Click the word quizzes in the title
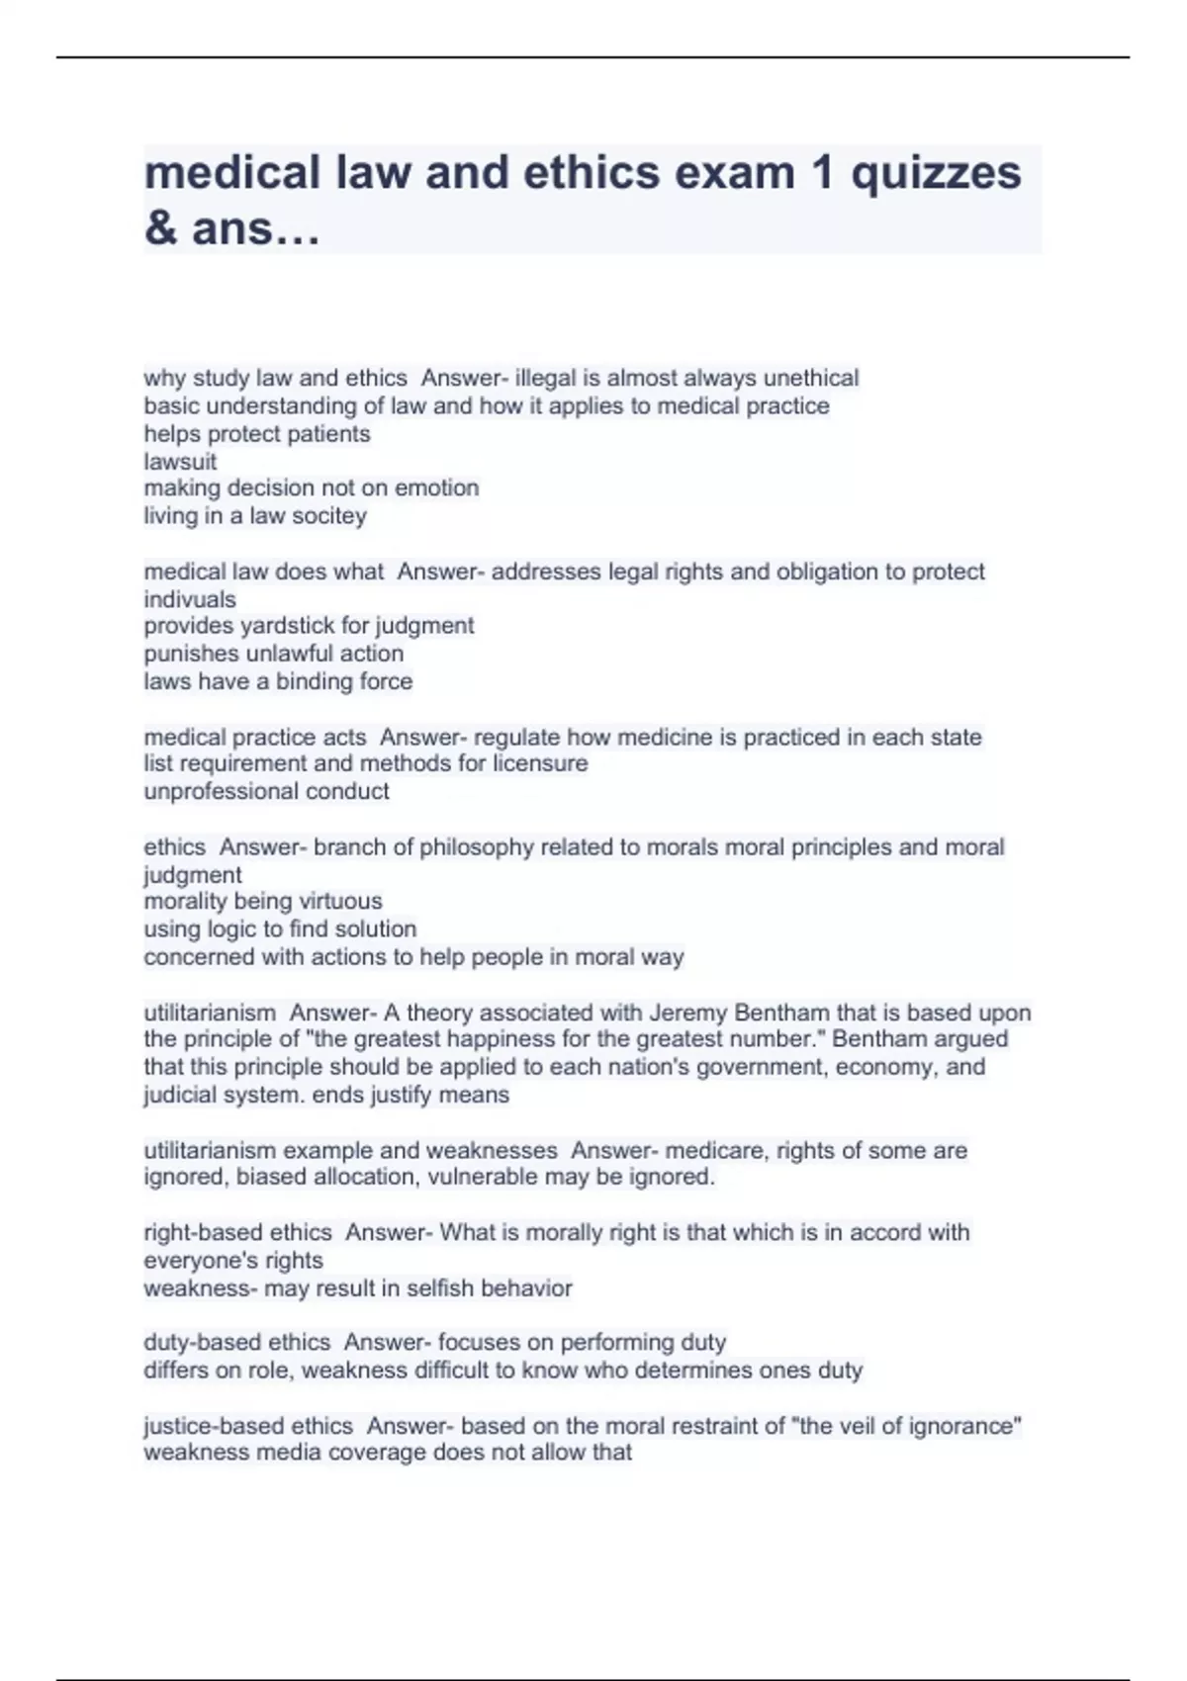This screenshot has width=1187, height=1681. (936, 173)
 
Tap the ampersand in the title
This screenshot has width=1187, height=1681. (160, 228)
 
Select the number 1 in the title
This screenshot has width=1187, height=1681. (822, 173)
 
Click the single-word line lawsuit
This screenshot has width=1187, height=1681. (180, 461)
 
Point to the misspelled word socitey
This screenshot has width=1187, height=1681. (329, 515)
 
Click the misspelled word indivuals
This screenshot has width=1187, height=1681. (190, 599)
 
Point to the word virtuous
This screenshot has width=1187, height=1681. (340, 901)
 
